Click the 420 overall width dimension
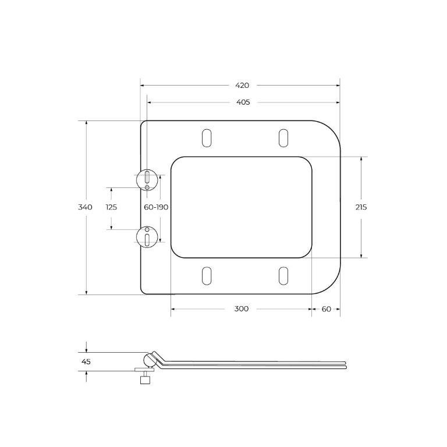coord(242,85)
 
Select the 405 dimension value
coord(243,102)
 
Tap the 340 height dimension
coord(86,207)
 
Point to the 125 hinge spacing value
coord(111,207)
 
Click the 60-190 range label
coord(156,207)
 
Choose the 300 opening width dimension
coord(242,308)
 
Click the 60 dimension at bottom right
coord(326,308)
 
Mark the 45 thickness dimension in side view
coord(86,361)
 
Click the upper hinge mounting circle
coord(147,179)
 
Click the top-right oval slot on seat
coord(283,137)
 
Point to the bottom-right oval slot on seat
coord(283,276)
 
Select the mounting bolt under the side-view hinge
coord(144,378)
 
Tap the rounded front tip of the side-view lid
coord(345,363)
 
